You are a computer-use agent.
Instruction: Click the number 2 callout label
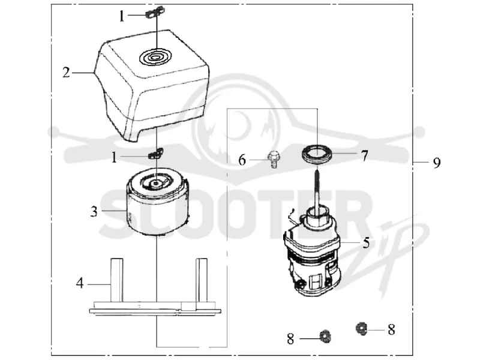click(x=66, y=73)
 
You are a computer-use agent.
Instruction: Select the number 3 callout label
click(x=94, y=211)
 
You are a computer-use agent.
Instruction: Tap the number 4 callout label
click(x=80, y=283)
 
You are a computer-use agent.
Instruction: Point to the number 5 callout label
click(x=366, y=242)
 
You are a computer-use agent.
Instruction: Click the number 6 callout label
click(x=242, y=160)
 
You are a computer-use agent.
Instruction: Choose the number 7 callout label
click(x=364, y=156)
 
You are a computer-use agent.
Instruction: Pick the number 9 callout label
click(x=437, y=162)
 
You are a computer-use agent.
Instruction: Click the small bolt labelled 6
click(x=274, y=159)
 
